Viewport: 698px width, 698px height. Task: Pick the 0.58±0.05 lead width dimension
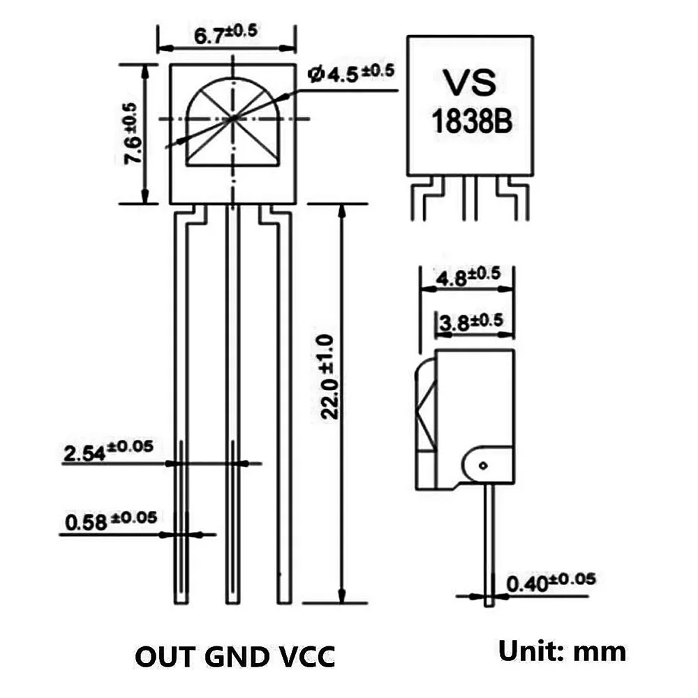pyautogui.click(x=110, y=520)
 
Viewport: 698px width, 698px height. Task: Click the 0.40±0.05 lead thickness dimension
pyautogui.click(x=551, y=581)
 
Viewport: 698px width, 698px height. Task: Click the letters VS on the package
pyautogui.click(x=470, y=83)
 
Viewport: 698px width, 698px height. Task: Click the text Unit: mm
pyautogui.click(x=561, y=651)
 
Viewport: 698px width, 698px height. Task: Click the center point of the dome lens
pyautogui.click(x=232, y=119)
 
